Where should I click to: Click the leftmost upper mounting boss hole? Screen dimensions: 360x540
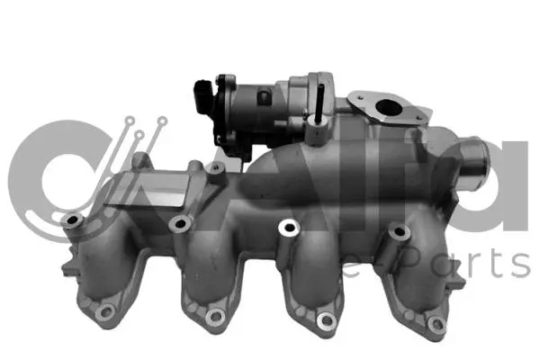point(70,219)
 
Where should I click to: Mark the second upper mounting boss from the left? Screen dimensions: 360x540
point(180,223)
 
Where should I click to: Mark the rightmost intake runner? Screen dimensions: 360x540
point(418,279)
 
